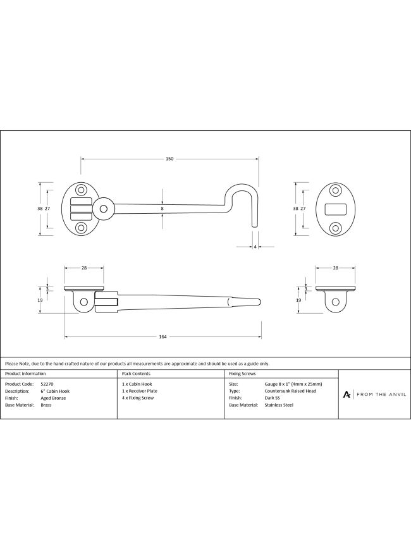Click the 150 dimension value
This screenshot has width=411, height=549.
[169, 159]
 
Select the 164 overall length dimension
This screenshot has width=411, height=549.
[163, 337]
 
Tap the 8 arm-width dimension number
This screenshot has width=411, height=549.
[163, 209]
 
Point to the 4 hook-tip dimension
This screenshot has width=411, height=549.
[255, 247]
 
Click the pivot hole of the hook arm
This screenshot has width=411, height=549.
[103, 209]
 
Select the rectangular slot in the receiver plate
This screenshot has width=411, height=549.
[336, 209]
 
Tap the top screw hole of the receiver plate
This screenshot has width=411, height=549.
[336, 190]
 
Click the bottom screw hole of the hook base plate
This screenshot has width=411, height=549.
[82, 228]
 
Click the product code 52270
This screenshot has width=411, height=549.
[47, 384]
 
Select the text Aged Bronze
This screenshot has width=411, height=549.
[53, 398]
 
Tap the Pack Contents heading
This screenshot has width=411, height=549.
[136, 374]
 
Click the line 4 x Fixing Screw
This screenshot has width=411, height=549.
[138, 398]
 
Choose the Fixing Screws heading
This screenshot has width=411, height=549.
[243, 374]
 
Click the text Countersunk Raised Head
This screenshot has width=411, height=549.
[291, 391]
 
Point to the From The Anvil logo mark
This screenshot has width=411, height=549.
[347, 395]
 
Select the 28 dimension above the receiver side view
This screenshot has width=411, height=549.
[335, 268]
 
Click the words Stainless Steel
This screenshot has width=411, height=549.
[279, 405]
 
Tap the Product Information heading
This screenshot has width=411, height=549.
[25, 374]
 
